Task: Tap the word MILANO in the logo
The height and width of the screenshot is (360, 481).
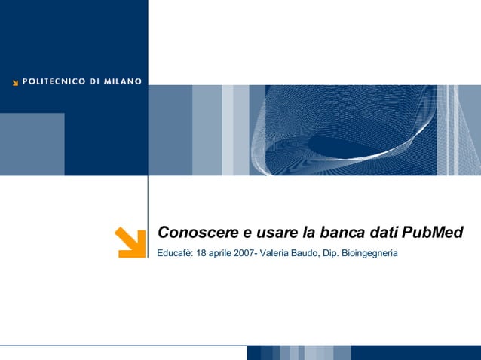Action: (x=123, y=81)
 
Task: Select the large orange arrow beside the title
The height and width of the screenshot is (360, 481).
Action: (x=130, y=242)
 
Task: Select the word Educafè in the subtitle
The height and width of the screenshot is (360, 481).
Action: (x=174, y=253)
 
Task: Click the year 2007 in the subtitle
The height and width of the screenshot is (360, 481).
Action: (x=244, y=253)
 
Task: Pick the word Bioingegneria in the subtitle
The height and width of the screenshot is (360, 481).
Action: (x=369, y=254)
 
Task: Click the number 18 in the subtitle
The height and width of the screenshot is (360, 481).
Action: (x=201, y=253)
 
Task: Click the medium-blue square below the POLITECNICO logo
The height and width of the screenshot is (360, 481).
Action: (x=32, y=144)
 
